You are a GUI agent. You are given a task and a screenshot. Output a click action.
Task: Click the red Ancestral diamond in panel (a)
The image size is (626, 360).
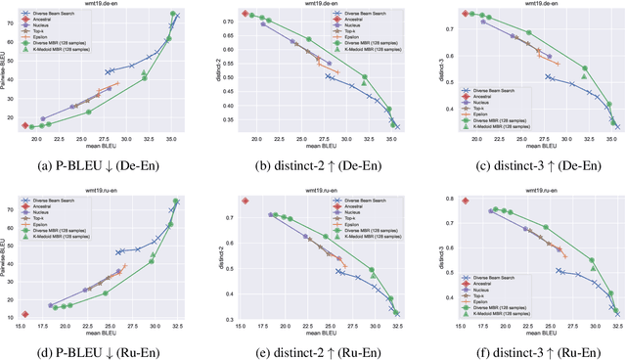tap(25, 125)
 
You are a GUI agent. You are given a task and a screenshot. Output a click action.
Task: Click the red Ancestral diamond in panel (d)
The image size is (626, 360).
tap(25, 314)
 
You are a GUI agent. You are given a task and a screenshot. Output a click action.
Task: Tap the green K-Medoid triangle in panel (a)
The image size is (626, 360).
tap(144, 73)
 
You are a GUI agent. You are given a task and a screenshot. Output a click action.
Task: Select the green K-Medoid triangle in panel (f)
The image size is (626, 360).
tap(593, 270)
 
